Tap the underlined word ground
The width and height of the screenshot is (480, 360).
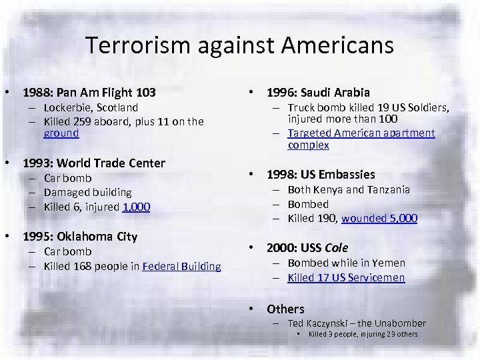click(61, 133)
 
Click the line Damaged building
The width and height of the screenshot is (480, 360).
click(87, 192)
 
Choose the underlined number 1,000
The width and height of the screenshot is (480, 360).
click(137, 207)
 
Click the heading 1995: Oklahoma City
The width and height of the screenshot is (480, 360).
click(80, 237)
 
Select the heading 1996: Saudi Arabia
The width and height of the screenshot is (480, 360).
click(319, 92)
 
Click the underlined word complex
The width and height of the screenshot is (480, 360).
click(308, 145)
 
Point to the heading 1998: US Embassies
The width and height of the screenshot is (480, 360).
click(321, 175)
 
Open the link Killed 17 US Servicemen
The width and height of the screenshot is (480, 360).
click(346, 277)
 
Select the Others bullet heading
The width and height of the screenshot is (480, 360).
click(285, 309)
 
